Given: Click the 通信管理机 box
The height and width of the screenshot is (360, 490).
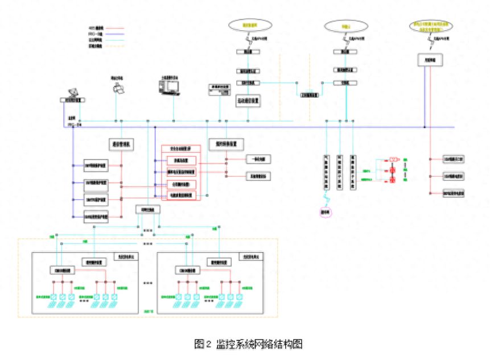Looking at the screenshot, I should pos(121,144).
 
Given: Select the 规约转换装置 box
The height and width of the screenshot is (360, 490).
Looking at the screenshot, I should pos(226,143).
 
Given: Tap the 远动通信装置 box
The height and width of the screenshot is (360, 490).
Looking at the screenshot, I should pos(248,101).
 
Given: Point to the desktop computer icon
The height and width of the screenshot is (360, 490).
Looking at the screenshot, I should pos(169,85).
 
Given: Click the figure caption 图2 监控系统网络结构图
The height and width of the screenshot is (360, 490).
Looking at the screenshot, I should pos(248,344).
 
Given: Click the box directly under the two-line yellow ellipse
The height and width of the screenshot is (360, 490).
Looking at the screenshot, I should pos(430,60).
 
